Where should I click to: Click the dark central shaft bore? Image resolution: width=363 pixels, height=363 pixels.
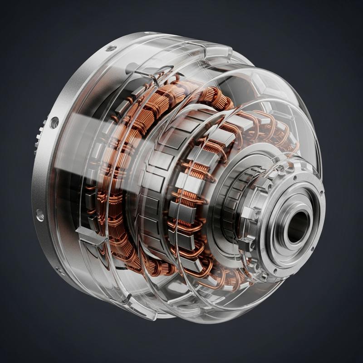tap(297, 226)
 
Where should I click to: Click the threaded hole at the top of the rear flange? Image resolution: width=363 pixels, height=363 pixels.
tap(111, 48)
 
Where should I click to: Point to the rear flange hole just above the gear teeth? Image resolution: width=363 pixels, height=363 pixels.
tap(55, 122)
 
